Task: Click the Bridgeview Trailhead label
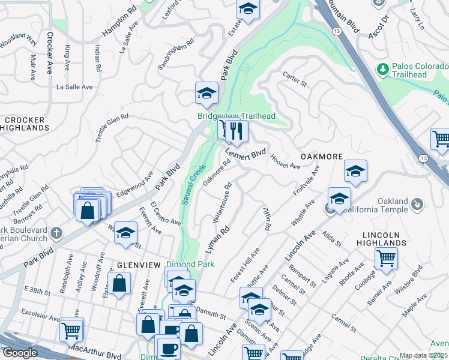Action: (237, 116)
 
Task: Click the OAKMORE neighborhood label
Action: (322, 156)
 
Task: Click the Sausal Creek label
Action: (193, 185)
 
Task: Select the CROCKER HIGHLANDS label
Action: (26, 124)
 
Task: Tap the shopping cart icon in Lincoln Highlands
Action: (386, 258)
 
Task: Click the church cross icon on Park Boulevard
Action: (56, 232)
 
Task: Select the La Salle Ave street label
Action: (74, 87)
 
